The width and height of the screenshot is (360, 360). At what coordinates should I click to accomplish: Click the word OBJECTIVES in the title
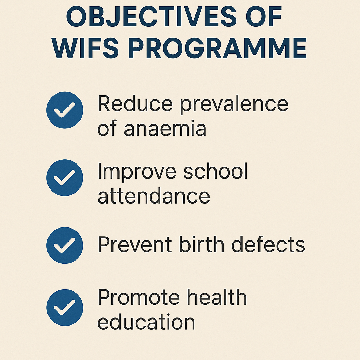151,17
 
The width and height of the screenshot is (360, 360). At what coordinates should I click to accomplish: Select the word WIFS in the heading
85,48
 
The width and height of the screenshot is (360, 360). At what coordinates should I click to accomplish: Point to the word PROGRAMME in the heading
217,48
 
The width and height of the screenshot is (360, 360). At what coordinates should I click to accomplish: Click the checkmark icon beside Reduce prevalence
65,110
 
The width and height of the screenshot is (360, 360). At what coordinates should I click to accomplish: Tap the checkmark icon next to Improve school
65,178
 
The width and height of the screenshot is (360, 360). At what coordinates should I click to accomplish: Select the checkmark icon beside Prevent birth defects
65,245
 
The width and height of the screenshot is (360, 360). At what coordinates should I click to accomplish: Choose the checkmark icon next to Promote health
65,307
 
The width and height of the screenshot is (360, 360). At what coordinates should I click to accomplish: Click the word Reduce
135,104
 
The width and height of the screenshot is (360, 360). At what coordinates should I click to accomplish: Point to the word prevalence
234,105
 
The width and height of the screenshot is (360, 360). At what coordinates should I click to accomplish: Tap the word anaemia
165,128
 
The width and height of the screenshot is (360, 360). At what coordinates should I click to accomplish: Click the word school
216,171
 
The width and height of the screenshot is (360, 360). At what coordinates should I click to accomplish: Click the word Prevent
135,244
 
